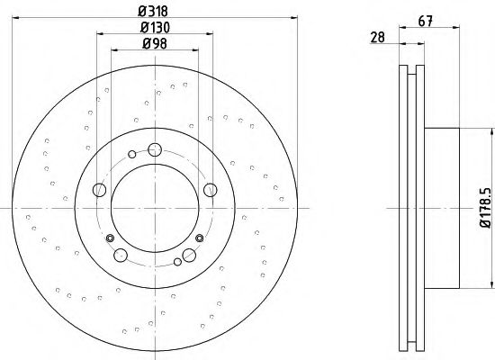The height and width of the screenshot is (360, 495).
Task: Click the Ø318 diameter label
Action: tap(153, 12)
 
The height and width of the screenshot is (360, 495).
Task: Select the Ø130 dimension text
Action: tap(155, 28)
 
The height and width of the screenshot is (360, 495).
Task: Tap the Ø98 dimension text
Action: tap(155, 43)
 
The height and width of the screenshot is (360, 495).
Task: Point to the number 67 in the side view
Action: tap(425, 22)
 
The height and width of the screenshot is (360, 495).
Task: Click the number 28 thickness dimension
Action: tap(378, 37)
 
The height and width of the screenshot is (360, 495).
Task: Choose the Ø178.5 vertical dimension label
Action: tap(486, 208)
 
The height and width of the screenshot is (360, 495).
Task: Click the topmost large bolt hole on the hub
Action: tap(155, 149)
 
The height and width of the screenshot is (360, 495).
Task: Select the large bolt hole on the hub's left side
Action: tap(99, 190)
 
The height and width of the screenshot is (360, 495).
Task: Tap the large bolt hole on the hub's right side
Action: tap(211, 190)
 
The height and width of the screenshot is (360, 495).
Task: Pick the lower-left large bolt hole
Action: tap(121, 256)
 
